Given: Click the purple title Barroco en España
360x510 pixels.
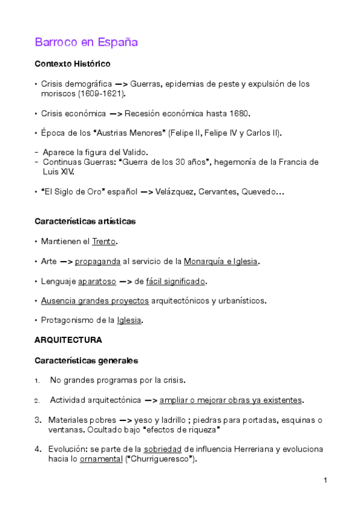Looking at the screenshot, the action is tap(87, 42).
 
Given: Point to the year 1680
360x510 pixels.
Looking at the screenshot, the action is tap(240, 113).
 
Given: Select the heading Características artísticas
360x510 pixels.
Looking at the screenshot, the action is tap(85, 221).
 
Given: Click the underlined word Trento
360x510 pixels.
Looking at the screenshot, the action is tap(104, 241).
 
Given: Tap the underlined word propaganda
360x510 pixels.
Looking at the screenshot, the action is tap(97, 261).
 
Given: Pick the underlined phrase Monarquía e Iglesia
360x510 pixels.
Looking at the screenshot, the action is tap(222, 261).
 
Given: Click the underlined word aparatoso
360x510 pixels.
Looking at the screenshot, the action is tap(97, 281).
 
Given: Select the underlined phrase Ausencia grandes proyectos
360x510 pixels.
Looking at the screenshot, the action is tap(95, 301).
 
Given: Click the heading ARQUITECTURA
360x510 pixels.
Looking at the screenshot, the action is tap(68, 340).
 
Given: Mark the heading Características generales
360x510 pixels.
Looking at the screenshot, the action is tap(86, 361).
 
